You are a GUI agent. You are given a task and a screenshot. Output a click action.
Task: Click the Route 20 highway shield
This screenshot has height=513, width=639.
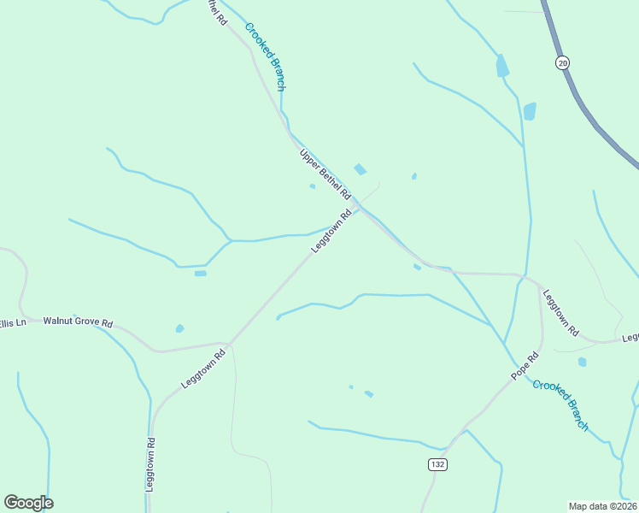pos(561,62)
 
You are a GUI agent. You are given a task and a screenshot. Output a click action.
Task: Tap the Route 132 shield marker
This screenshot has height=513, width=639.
pos(437,463)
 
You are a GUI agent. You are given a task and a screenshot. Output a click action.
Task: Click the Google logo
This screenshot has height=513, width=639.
pos(28,503)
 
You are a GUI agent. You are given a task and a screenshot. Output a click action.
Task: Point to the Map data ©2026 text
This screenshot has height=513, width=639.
pos(602,505)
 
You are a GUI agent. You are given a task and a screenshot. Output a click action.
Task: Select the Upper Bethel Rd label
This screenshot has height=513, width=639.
pos(325,175)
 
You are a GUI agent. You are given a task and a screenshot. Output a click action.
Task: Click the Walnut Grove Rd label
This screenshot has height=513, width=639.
pos(78,323)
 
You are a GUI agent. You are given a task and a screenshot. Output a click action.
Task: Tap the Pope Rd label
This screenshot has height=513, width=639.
pos(525,366)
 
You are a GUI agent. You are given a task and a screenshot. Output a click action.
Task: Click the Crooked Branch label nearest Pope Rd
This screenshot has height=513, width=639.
pos(560,404)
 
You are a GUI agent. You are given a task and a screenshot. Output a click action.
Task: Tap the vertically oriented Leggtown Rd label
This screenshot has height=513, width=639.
pos(150,464)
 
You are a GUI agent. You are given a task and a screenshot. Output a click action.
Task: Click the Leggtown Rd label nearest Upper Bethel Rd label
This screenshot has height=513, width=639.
pos(331,231)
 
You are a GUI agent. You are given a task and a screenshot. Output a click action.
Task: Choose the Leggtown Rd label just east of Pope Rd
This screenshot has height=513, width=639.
pos(560,311)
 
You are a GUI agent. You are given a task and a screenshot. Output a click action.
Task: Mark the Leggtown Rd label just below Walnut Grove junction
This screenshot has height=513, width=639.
pos(202,369)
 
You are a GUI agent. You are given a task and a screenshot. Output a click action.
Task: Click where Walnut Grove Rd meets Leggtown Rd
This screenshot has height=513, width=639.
pos(228,344)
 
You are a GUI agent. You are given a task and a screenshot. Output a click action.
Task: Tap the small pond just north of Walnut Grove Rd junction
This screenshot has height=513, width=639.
pos(179,328)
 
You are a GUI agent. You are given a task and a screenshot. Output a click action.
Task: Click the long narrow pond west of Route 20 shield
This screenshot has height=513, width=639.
pos(502,66)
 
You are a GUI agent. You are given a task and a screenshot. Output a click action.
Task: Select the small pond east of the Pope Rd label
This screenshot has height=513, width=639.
pos(582,362)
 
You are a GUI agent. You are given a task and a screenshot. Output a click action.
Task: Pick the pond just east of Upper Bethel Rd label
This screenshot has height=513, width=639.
pos(361,169)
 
